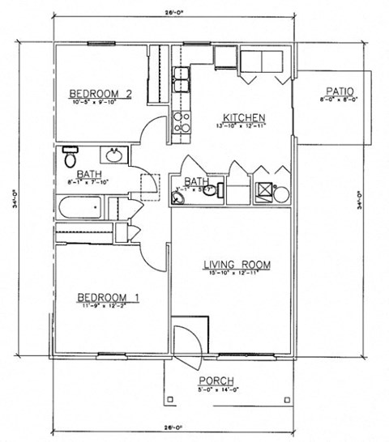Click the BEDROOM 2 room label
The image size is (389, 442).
pyautogui.click(x=100, y=91)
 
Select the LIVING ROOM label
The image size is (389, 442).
pyautogui.click(x=235, y=265)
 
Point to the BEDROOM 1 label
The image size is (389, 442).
pyautogui.click(x=108, y=297)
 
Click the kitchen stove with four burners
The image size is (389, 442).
pyautogui.click(x=181, y=121)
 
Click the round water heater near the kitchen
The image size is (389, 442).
pyautogui.click(x=280, y=193)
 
